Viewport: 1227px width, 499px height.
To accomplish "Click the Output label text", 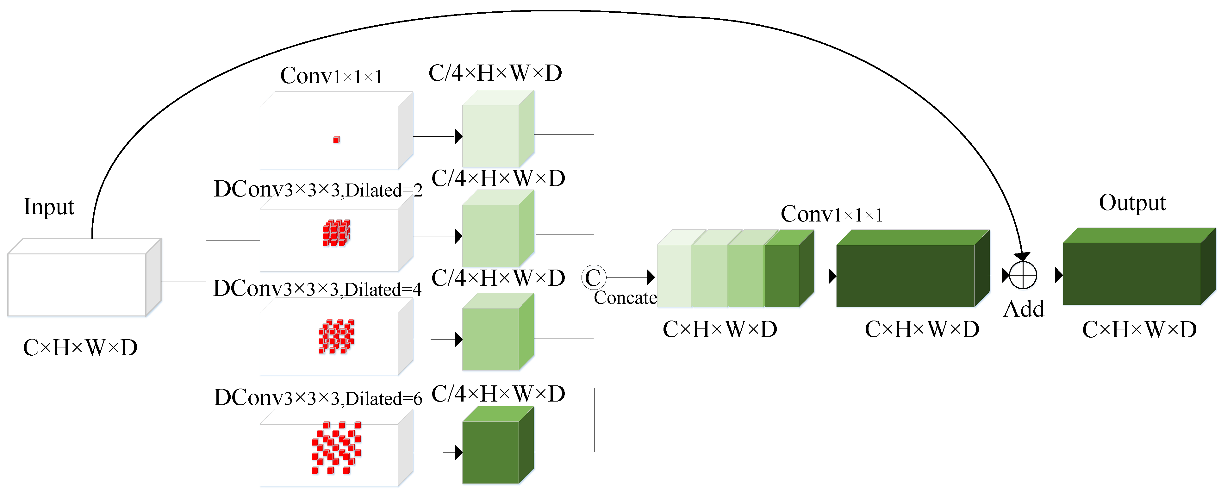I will coord(1132,203).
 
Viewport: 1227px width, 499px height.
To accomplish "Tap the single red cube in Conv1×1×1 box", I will coord(336,140).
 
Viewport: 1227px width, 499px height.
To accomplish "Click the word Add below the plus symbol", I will coord(1023,309).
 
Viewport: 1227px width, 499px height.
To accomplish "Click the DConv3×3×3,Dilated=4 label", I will coord(317,289).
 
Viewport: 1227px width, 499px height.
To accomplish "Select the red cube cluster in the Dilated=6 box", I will coord(336,447).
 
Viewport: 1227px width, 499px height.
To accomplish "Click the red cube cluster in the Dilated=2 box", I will coord(336,233).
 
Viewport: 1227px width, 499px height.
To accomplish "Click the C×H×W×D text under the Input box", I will coord(80,347).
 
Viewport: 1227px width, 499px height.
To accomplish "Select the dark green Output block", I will coord(1132,273).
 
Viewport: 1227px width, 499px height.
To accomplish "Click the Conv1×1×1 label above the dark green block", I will coord(831,214).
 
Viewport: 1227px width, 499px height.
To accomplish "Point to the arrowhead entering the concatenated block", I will coord(651,277).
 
